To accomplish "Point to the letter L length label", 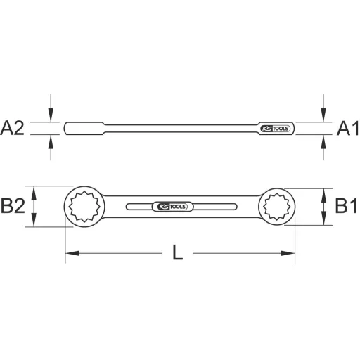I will [x=179, y=253].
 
